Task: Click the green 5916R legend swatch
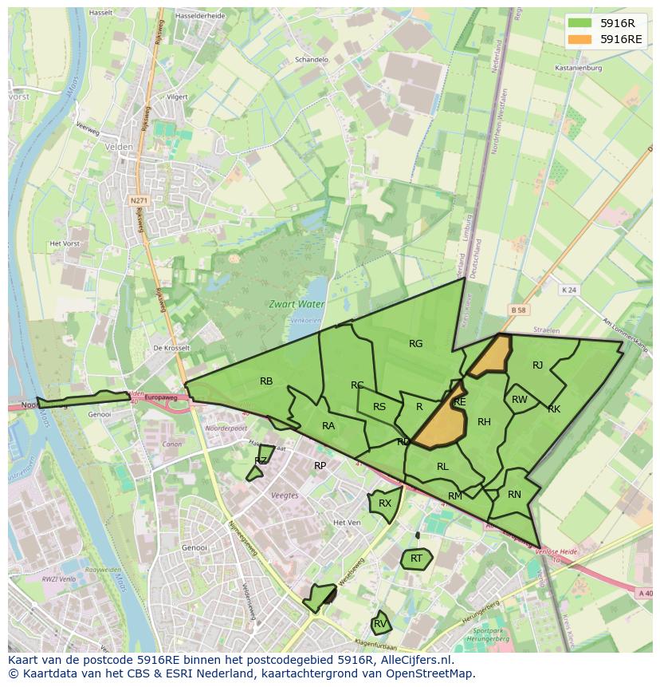(x=579, y=23)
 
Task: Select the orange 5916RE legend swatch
(x=579, y=39)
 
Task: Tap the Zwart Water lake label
(x=296, y=304)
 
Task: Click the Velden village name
(x=118, y=147)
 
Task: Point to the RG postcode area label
(x=415, y=344)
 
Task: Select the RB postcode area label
(x=266, y=381)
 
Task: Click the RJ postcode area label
(x=537, y=365)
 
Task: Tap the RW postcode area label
(x=520, y=400)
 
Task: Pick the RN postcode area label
(x=514, y=495)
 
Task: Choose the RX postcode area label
(x=385, y=503)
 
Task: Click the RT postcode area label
(x=416, y=559)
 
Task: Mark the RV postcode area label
(x=380, y=623)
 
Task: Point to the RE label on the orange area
(x=459, y=402)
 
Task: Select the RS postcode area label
(x=379, y=407)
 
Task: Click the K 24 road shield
(x=568, y=290)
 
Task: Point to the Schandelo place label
(x=312, y=60)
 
